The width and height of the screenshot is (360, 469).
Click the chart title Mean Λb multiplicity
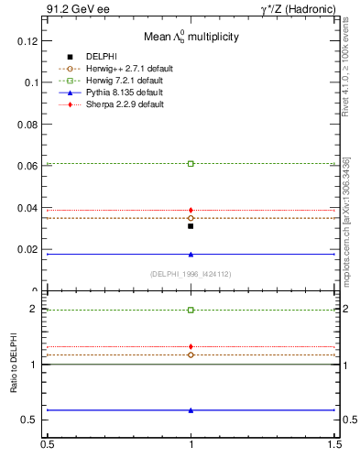tap(191, 38)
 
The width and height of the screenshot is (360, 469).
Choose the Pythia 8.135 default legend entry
tap(130, 93)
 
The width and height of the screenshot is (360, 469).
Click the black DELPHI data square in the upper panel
tap(191, 225)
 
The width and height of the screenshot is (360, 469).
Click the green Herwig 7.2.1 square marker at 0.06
tap(191, 163)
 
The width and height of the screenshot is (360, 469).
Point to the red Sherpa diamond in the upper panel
tap(191, 210)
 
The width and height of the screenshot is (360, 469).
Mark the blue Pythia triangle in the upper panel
tap(191, 254)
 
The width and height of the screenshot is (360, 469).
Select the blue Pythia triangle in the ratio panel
tap(191, 409)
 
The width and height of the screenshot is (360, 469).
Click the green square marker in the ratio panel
tap(191, 310)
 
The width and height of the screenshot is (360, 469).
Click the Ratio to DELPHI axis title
tap(15, 365)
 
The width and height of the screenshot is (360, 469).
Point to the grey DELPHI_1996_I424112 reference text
tap(190, 273)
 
